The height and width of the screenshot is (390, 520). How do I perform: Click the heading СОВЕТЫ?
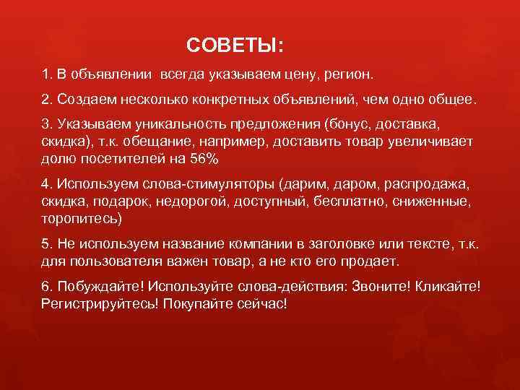235,46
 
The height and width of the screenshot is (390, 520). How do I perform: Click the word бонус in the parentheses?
349,122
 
